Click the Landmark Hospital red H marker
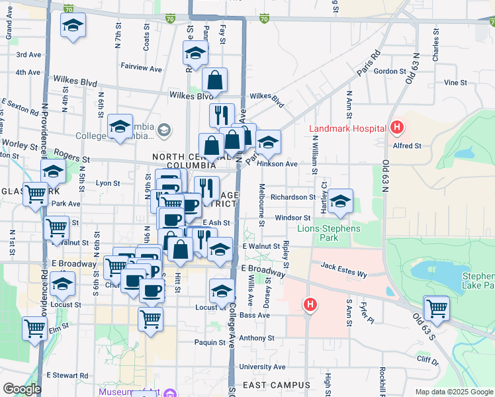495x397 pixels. [397, 126]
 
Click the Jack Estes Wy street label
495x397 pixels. [343, 273]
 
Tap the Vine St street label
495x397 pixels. [455, 83]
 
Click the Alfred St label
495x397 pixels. [408, 146]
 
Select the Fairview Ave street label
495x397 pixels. [142, 67]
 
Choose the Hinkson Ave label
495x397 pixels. [278, 163]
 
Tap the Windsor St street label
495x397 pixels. [293, 217]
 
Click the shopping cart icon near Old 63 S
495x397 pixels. [437, 308]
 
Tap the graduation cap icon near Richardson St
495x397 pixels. [340, 202]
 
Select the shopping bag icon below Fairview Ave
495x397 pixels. [215, 81]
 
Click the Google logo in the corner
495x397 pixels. [22, 389]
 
